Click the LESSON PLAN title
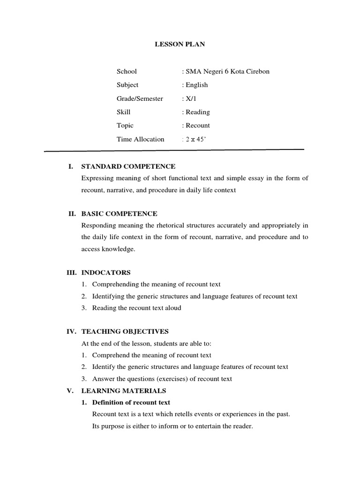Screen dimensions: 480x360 (180, 45)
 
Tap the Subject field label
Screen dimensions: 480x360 (127, 85)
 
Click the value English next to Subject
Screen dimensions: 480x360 (195, 85)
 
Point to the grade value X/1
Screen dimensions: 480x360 (189, 98)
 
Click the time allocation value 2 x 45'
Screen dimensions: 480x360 (195, 139)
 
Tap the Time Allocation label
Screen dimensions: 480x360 (141, 139)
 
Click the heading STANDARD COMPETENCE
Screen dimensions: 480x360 (128, 166)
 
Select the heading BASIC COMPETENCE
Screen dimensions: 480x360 (120, 214)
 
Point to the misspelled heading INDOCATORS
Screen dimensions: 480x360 (106, 272)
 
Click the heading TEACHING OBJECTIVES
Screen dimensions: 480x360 (125, 331)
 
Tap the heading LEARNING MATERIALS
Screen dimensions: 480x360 (124, 390)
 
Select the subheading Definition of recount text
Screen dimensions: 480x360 (131, 403)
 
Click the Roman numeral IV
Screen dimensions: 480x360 (71, 331)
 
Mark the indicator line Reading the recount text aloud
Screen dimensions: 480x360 (136, 308)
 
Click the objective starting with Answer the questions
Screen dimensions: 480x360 (162, 379)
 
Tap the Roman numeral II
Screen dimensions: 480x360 (72, 214)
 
